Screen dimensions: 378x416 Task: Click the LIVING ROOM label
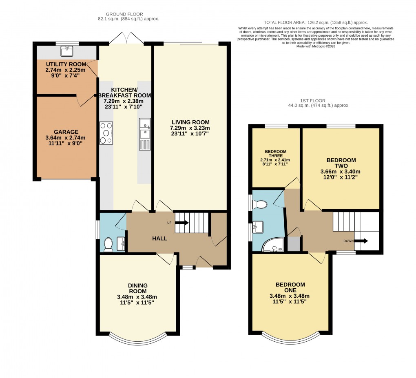[190, 122]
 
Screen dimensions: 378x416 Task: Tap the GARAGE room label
[66, 132]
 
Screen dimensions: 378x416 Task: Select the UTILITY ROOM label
[66, 64]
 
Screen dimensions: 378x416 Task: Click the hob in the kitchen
[106, 133]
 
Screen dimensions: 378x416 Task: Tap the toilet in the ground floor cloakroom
[108, 244]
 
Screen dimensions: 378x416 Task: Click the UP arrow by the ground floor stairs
[181, 223]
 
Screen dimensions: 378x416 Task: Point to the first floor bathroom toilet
[260, 204]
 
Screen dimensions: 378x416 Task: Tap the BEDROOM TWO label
[341, 163]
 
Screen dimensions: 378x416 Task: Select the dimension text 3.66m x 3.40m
[341, 172]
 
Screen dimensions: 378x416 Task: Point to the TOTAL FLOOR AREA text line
[316, 22]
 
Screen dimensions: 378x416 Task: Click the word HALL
[159, 238]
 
